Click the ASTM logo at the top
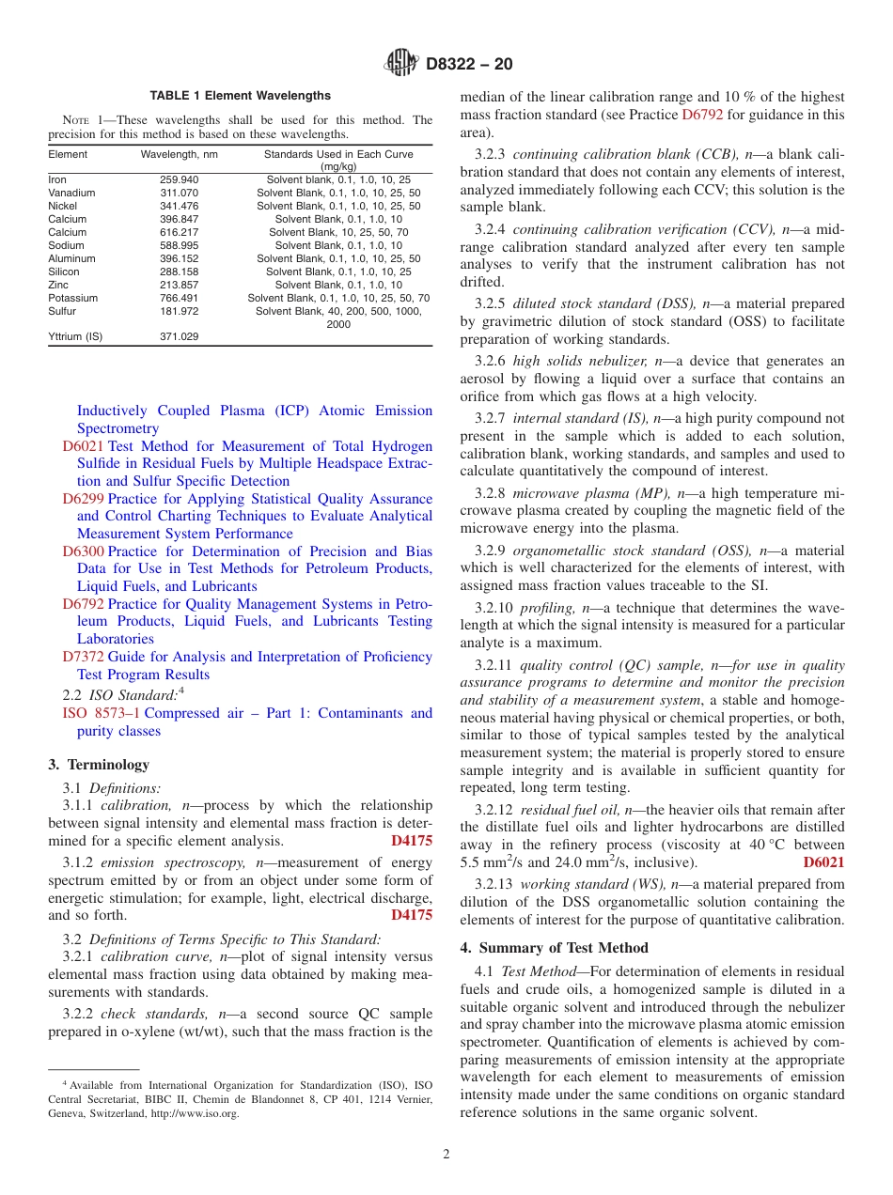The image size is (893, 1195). (x=401, y=65)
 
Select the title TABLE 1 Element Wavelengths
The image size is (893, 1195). (x=241, y=96)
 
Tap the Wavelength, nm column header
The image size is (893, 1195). (x=180, y=154)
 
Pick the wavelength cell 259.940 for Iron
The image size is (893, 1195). (x=180, y=179)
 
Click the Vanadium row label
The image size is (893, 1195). (x=71, y=193)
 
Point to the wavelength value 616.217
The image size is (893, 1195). (x=180, y=232)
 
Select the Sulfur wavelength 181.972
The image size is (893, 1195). (x=180, y=311)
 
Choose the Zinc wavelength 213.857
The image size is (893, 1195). (x=180, y=285)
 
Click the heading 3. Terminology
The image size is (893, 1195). (x=99, y=765)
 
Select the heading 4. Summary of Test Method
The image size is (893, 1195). (x=554, y=948)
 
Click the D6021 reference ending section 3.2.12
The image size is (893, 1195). (x=823, y=861)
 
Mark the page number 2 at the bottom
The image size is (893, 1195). (x=446, y=1155)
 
